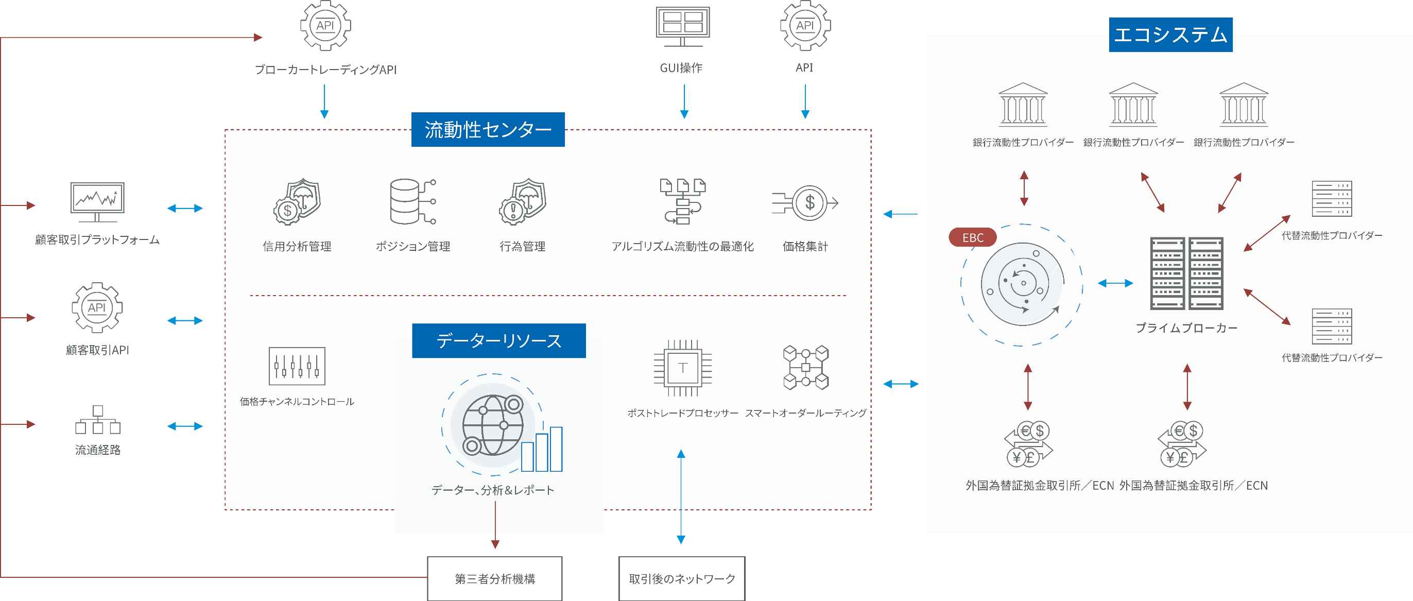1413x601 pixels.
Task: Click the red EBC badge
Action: pyautogui.click(x=973, y=237)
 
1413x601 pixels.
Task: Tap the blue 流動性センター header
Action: pyautogui.click(x=488, y=129)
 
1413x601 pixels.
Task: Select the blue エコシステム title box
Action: pyautogui.click(x=1170, y=35)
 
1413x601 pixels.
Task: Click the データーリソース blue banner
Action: pyautogui.click(x=498, y=340)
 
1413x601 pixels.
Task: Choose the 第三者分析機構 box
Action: pyautogui.click(x=495, y=578)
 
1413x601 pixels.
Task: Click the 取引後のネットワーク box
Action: pyautogui.click(x=682, y=578)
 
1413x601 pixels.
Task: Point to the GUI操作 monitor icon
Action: pyautogui.click(x=683, y=26)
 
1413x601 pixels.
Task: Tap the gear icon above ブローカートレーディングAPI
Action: pyautogui.click(x=325, y=25)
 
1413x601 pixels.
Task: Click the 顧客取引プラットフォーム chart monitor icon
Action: pyautogui.click(x=97, y=202)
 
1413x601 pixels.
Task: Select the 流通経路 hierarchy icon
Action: pyautogui.click(x=98, y=420)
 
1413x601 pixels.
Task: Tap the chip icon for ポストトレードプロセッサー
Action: pyautogui.click(x=683, y=367)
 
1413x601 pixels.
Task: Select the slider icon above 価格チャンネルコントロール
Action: pyautogui.click(x=297, y=366)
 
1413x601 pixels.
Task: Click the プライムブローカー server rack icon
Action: pyautogui.click(x=1186, y=273)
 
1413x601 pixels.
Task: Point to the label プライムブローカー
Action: pyautogui.click(x=1186, y=328)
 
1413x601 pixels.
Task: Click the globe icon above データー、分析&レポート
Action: pyautogui.click(x=492, y=425)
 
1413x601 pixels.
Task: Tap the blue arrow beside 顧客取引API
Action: pyautogui.click(x=185, y=320)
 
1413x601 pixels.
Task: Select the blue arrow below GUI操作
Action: pyautogui.click(x=684, y=101)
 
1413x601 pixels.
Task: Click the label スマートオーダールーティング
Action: pyautogui.click(x=806, y=413)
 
